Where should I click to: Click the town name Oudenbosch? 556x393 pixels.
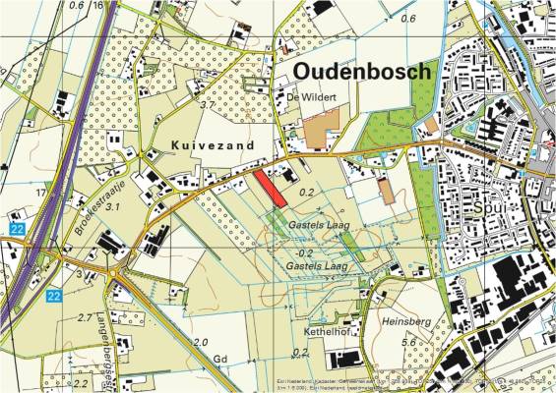(362, 72)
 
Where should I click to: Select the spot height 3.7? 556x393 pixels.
(207, 104)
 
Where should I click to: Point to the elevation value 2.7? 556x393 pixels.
(85, 318)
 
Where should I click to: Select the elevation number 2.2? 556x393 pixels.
(81, 383)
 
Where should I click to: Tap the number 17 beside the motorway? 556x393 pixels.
(40, 193)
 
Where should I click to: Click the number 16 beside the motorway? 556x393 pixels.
(97, 6)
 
